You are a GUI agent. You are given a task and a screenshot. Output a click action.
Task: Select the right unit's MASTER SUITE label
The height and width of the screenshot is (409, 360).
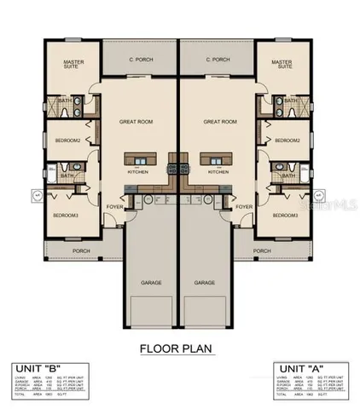point(282,66)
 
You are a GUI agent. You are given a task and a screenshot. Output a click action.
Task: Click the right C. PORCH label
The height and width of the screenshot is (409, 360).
point(218,60)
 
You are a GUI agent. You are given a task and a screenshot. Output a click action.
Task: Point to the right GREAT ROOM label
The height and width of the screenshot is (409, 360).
point(218,122)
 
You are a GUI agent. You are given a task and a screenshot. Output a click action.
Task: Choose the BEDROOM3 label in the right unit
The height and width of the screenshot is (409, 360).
point(286,216)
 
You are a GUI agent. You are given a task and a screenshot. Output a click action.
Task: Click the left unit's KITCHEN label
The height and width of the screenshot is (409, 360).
point(138,171)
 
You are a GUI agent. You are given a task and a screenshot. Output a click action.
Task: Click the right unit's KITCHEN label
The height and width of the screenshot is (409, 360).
point(218,171)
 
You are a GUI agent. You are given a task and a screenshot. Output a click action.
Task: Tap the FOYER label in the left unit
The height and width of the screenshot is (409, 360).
point(114,207)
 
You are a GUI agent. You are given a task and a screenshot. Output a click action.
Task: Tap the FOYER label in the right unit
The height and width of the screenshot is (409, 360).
point(243,207)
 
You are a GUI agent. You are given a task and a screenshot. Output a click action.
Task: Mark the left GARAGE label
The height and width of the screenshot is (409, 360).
point(153,282)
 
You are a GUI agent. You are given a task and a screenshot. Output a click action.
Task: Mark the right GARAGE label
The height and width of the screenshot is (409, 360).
point(204,282)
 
